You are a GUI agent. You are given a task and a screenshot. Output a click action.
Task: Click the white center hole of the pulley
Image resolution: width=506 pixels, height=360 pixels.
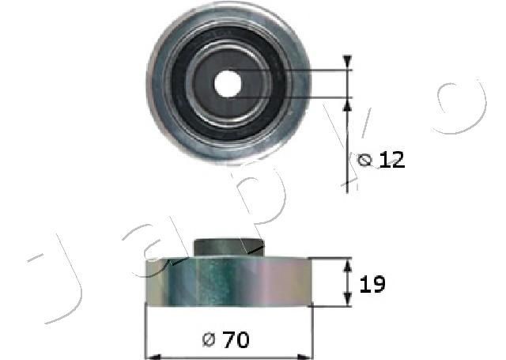pyautogui.click(x=228, y=84)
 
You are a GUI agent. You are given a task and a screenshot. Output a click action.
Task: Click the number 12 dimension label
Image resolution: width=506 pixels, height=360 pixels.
pyautogui.click(x=392, y=160)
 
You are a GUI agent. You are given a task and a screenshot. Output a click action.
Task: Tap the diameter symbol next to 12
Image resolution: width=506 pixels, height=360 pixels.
pyautogui.click(x=365, y=160)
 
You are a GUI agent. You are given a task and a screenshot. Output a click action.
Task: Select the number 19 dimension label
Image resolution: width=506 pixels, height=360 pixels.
pyautogui.click(x=372, y=284)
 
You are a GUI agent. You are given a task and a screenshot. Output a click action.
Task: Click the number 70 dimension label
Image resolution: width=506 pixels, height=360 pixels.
pyautogui.click(x=237, y=339)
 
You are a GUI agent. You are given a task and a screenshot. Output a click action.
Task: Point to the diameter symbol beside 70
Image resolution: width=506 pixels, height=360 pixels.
pyautogui.click(x=209, y=340)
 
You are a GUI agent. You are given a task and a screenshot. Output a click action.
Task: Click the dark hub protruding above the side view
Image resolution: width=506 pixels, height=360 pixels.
pyautogui.click(x=228, y=248)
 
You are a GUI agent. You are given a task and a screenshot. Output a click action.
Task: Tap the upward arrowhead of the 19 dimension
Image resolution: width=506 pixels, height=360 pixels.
pyautogui.click(x=347, y=265)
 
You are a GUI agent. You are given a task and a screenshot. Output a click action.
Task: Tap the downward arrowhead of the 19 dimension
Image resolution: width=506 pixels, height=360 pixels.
pyautogui.click(x=347, y=298)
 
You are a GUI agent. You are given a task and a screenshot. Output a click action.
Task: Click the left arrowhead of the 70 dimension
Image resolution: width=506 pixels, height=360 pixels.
pyautogui.click(x=153, y=357)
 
